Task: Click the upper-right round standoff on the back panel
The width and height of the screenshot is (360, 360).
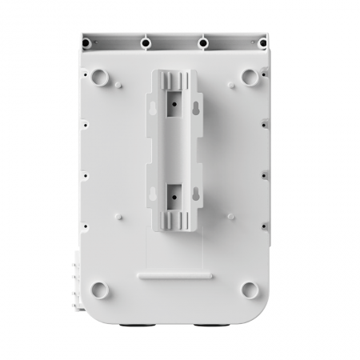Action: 250,77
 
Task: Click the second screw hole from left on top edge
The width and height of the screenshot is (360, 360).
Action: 146,41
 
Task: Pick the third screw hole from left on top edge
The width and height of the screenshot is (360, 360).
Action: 204,41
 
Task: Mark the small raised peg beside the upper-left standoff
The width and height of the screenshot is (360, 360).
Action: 118,82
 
